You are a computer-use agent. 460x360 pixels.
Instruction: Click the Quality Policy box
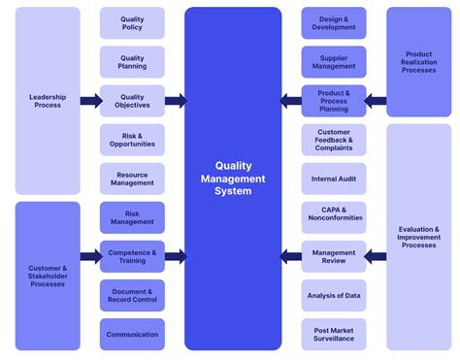coord(132,23)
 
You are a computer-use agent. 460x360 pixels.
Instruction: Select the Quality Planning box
coord(132,62)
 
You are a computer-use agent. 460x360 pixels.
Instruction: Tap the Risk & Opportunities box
coord(132,140)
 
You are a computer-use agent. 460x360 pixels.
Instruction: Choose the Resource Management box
coord(132,179)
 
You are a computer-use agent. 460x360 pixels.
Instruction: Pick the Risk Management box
coord(132,217)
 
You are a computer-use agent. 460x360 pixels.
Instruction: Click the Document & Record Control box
coord(132,295)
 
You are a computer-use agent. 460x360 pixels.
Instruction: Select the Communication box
coord(132,334)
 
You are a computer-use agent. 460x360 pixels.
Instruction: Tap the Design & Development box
coord(334,23)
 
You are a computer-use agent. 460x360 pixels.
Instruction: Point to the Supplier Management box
coord(334,62)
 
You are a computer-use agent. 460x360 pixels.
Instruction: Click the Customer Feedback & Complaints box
coord(334,140)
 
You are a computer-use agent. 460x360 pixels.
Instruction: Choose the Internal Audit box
coord(334,179)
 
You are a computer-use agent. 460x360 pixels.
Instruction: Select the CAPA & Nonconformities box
coord(334,217)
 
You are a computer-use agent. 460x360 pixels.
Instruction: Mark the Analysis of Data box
coord(334,295)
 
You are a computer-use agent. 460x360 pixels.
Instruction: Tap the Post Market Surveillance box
coord(334,334)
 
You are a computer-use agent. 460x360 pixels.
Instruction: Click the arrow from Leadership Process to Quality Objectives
coord(90,101)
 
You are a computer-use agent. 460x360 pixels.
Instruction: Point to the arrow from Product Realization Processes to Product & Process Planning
coord(377,101)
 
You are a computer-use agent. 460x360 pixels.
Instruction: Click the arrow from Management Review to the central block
coord(290,256)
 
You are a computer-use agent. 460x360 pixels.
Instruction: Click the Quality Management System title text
coord(233,179)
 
